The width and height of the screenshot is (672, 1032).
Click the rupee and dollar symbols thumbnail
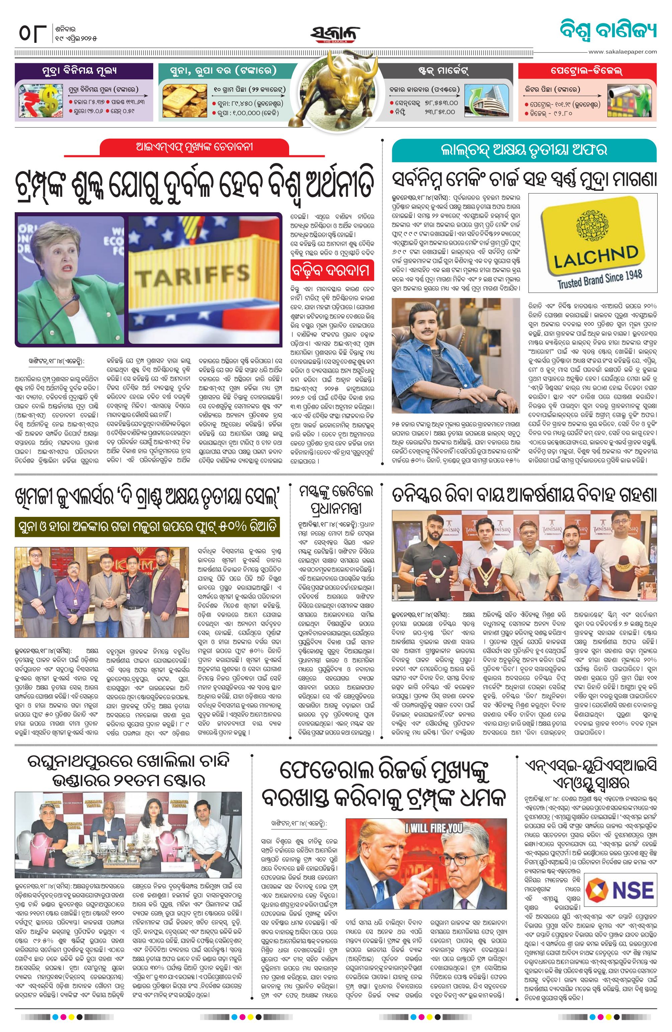click(x=40, y=101)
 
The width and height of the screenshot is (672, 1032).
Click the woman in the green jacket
click(x=65, y=286)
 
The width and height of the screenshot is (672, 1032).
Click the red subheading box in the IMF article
click(x=332, y=270)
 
